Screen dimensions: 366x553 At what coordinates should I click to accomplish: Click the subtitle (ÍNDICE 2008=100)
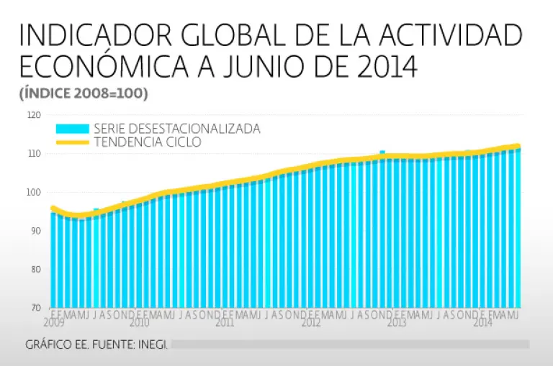(x=84, y=93)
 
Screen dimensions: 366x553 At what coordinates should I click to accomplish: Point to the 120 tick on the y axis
(x=34, y=115)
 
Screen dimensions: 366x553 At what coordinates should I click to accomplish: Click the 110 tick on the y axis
(x=34, y=154)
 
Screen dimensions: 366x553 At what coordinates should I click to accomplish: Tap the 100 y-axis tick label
(x=34, y=193)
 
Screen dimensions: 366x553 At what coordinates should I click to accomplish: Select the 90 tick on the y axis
(x=35, y=231)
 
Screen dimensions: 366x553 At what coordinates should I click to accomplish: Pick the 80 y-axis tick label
(x=35, y=270)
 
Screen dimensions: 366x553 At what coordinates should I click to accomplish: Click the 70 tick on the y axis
(x=35, y=308)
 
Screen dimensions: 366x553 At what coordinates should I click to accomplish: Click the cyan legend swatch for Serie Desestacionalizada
(x=72, y=129)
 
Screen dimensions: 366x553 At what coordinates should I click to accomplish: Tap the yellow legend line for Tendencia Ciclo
(x=72, y=142)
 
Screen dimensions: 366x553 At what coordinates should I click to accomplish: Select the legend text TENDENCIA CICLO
(x=148, y=142)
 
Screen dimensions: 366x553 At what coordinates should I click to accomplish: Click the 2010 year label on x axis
(x=138, y=324)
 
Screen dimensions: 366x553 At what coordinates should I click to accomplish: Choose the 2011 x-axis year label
(x=225, y=324)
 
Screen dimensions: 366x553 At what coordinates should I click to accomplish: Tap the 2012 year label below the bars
(x=311, y=324)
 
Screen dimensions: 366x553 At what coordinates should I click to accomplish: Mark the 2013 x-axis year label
(x=397, y=324)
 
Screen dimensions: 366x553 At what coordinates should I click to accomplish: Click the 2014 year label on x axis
(x=482, y=324)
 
